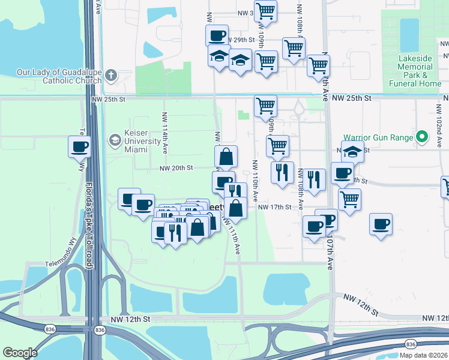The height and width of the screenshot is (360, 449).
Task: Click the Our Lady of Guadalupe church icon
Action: (x=110, y=76)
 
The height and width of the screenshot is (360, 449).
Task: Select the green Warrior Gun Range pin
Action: (x=422, y=138)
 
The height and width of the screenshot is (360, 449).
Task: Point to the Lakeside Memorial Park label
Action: (x=415, y=71)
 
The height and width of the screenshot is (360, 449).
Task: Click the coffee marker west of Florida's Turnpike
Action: (x=79, y=146)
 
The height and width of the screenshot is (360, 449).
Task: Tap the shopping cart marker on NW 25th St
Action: (x=265, y=107)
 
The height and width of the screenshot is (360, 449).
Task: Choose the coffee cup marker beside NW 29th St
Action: (x=217, y=35)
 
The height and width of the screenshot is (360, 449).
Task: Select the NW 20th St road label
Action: (x=176, y=169)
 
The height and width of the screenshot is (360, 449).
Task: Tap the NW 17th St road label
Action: (x=274, y=207)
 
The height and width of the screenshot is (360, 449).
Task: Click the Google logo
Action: (x=20, y=352)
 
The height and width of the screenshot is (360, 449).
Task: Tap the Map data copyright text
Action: (x=424, y=355)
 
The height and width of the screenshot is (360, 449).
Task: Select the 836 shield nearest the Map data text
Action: (x=410, y=344)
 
